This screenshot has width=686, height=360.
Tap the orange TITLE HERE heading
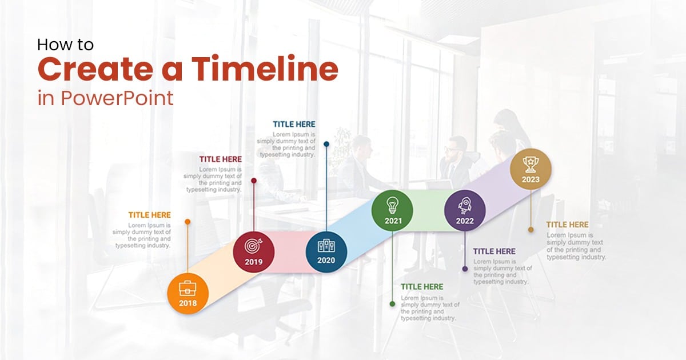click(x=149, y=215)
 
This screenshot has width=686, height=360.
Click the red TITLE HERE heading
click(x=221, y=159)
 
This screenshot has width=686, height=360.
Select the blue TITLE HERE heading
click(x=294, y=124)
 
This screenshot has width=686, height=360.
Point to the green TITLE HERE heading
click(x=422, y=287)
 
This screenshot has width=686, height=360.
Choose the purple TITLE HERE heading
click(x=494, y=251)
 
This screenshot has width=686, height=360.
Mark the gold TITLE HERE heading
click(x=567, y=225)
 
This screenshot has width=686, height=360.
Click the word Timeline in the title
click(x=264, y=70)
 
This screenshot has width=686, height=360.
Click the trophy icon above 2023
click(x=531, y=163)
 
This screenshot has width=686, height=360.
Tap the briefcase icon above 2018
click(x=188, y=287)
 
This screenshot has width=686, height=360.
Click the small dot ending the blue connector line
click(x=326, y=144)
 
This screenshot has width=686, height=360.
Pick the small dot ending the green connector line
click(x=392, y=304)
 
